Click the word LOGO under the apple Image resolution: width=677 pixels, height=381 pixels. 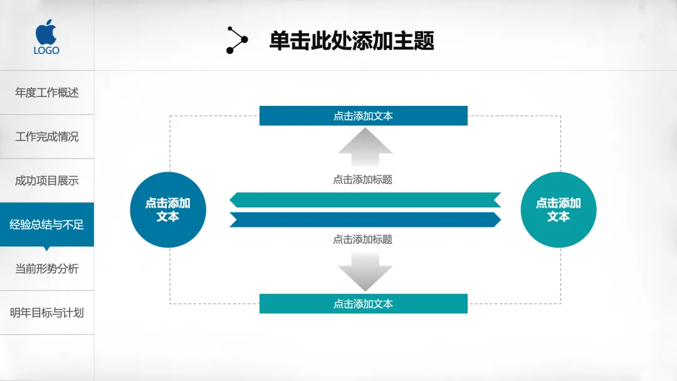tap(46, 50)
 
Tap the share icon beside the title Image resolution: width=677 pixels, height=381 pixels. tap(237, 41)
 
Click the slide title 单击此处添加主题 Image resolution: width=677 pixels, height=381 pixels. tap(352, 41)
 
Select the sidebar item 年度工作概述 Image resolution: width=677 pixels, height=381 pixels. tap(47, 93)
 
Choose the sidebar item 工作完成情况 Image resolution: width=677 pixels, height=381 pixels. tap(47, 137)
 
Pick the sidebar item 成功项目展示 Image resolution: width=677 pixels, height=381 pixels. tap(47, 180)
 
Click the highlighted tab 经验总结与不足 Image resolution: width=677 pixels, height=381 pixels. tap(47, 224)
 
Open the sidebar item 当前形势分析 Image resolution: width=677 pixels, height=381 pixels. tap(47, 269)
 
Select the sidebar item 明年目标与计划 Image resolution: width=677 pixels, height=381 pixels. tap(47, 313)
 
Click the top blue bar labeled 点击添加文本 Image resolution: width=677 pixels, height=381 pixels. tap(364, 116)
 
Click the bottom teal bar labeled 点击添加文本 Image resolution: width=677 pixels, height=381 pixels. tap(364, 304)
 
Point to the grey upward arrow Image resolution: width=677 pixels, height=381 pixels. tap(365, 142)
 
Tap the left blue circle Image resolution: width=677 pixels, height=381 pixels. tap(168, 210)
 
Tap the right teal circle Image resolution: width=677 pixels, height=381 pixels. tap(559, 210)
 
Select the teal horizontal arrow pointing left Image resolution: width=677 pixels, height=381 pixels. tap(365, 200)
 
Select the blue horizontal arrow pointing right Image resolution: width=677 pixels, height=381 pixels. tap(365, 219)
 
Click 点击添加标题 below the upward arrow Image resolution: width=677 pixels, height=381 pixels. tap(363, 180)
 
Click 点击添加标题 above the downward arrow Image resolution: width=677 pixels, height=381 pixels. tap(363, 239)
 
